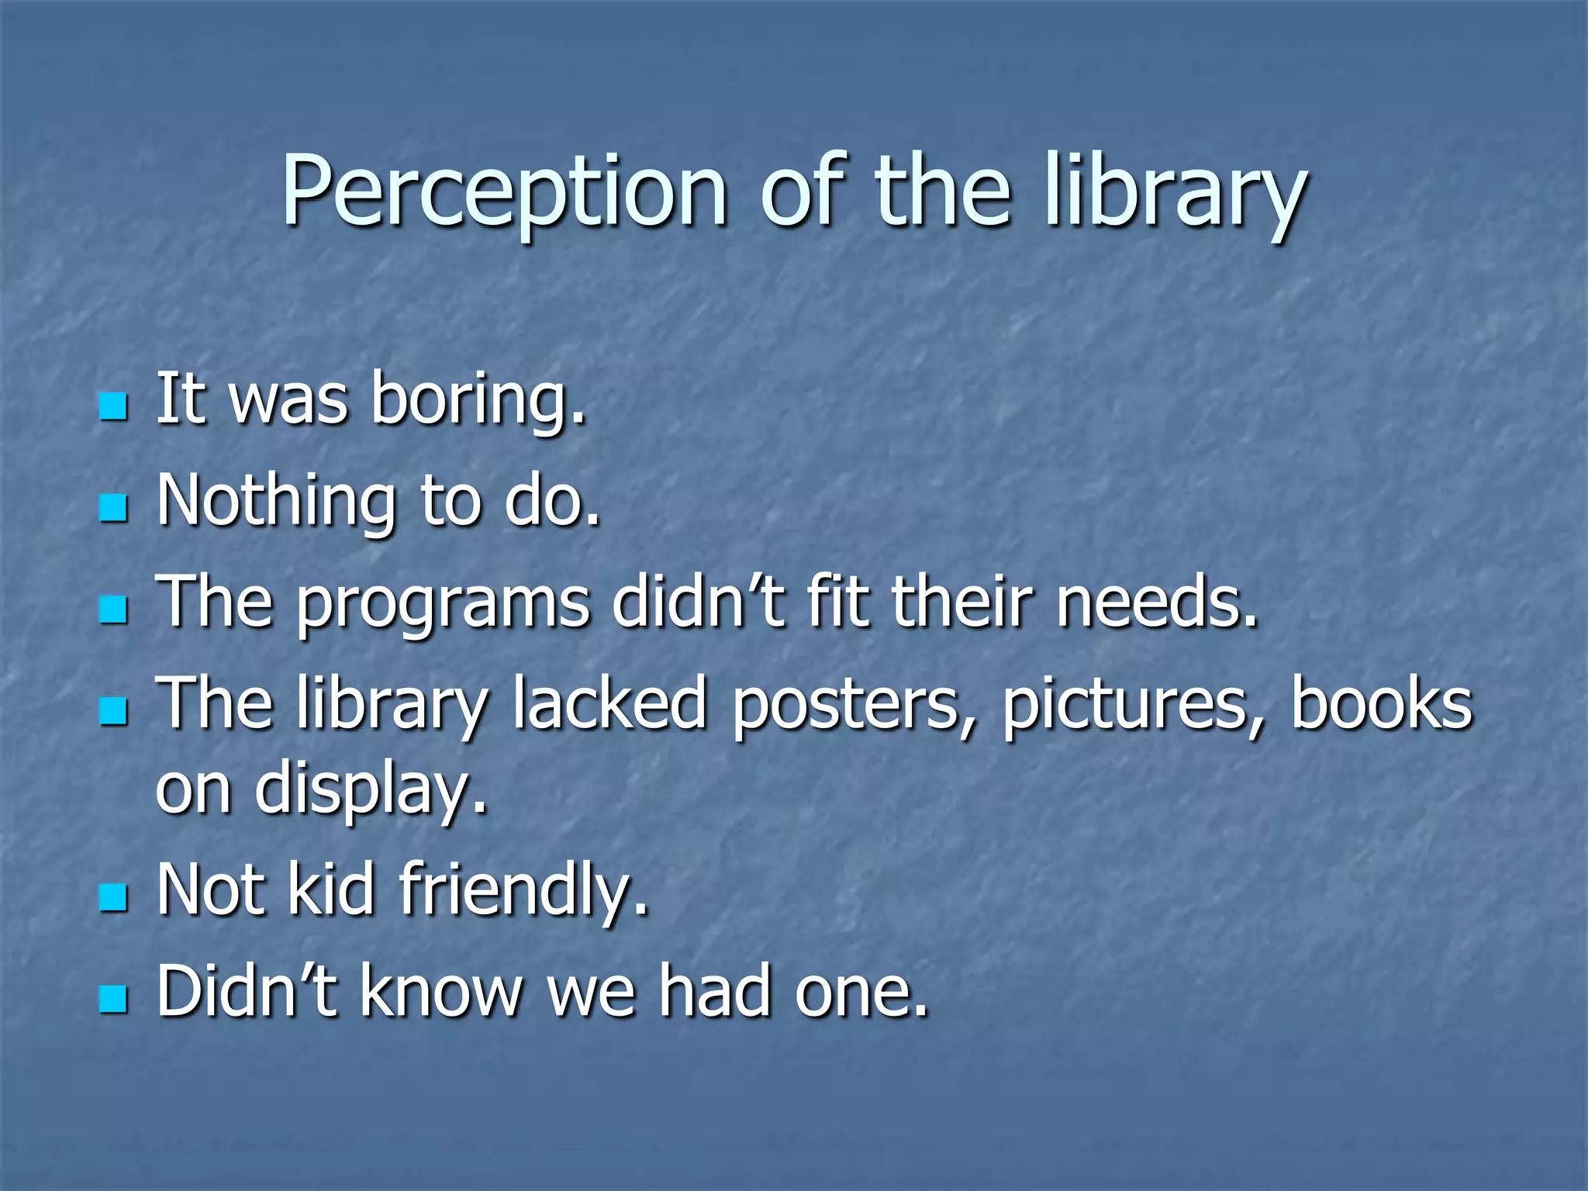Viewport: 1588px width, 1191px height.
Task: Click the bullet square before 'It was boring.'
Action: tap(113, 406)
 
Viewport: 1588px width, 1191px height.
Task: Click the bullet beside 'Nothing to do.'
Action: tap(113, 509)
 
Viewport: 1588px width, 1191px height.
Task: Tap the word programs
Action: tap(443, 605)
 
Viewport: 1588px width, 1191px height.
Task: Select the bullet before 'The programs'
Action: tap(113, 610)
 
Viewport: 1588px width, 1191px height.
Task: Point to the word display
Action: tap(371, 791)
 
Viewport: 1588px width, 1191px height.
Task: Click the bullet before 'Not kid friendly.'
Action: tap(113, 898)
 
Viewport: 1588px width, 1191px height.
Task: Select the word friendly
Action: tap(523, 891)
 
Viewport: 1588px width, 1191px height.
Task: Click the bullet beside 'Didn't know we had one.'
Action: tap(113, 999)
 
